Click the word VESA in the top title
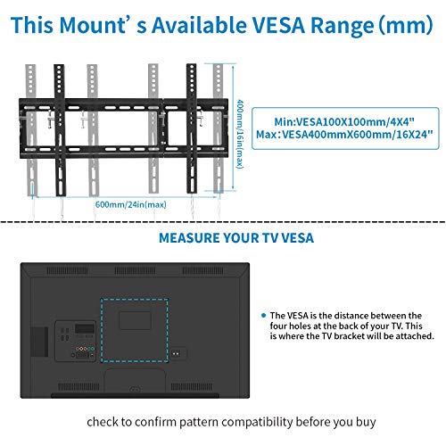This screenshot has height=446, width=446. click(278, 25)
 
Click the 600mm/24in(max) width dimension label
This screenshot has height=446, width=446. click(130, 204)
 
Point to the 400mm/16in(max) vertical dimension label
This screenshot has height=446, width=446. click(240, 135)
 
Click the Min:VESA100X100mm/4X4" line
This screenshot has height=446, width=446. click(344, 122)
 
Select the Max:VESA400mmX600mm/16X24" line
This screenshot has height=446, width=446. click(344, 135)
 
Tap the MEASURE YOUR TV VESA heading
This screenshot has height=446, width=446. click(236, 238)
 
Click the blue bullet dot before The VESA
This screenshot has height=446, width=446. click(263, 316)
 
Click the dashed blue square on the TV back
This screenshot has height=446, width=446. click(101, 330)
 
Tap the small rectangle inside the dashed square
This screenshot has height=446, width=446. click(135, 320)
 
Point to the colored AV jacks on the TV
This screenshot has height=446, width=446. click(85, 349)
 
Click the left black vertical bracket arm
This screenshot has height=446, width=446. click(60, 130)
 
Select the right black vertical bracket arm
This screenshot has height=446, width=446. click(192, 128)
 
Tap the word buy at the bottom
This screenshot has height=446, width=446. click(366, 423)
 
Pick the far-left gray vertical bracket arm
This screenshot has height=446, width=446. click(31, 130)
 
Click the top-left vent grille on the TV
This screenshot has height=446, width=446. click(67, 271)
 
